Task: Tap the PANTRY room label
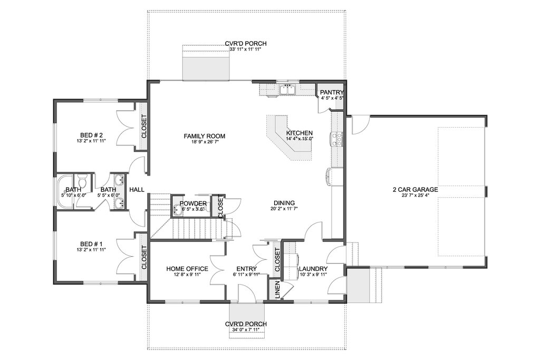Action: tap(332, 92)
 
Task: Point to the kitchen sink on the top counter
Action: tap(287, 90)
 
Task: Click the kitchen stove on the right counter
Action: tap(336, 139)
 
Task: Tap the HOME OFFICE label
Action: tap(187, 269)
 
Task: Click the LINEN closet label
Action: tap(275, 290)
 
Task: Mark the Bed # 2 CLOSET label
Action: tap(143, 127)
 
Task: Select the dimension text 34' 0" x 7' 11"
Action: tap(245, 330)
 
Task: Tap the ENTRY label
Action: tap(246, 269)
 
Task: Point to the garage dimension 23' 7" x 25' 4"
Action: tap(415, 196)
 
